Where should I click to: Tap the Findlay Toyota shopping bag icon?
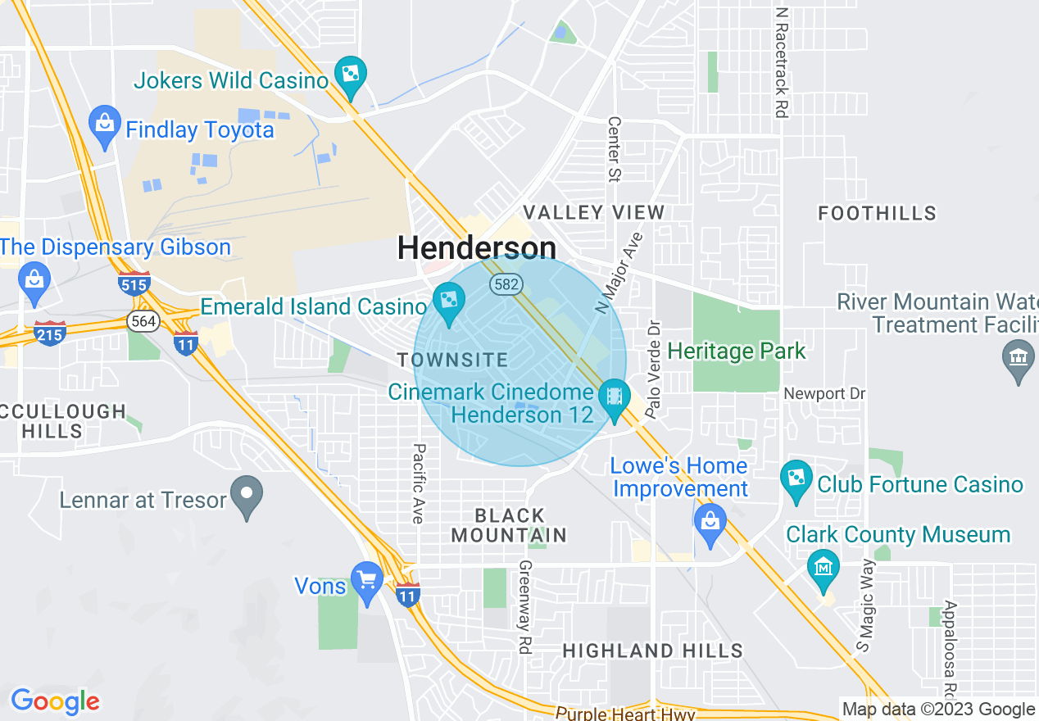click(104, 125)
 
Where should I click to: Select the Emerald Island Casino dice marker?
click(448, 302)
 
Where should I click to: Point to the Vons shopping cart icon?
click(366, 581)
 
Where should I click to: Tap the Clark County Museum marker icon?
click(823, 566)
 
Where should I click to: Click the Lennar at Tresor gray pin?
click(246, 495)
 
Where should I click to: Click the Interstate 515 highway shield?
click(134, 283)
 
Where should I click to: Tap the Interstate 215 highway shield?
click(50, 333)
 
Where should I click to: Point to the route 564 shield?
click(143, 321)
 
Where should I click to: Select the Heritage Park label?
click(737, 351)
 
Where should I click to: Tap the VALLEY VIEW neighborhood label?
click(594, 212)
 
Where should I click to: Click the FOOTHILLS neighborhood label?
click(877, 214)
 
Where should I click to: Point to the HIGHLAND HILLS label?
click(652, 651)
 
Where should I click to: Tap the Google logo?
click(55, 701)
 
